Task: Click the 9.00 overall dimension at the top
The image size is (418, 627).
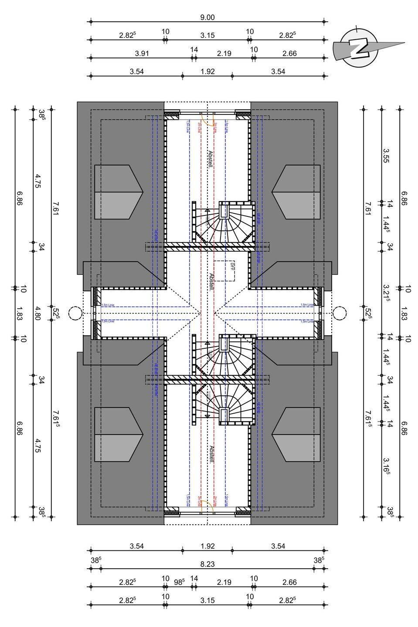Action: [x=207, y=17]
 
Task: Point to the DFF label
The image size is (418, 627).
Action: [x=232, y=266]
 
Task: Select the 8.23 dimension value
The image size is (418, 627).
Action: [x=207, y=564]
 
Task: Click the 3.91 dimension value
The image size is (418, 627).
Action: [x=142, y=54]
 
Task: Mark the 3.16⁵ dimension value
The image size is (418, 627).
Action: [x=386, y=465]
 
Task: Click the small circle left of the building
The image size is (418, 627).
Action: [x=75, y=313]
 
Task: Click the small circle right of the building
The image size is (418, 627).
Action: [x=339, y=313]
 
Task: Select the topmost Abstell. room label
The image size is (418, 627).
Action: [x=210, y=160]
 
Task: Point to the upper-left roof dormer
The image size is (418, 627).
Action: [x=119, y=192]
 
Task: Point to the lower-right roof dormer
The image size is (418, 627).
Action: [x=296, y=435]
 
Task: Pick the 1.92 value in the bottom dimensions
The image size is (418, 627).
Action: [x=207, y=546]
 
